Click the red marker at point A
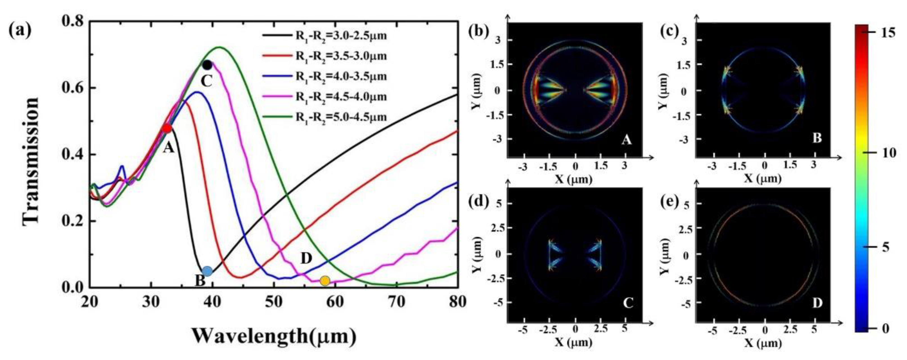[x=167, y=128]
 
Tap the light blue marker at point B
[x=207, y=271]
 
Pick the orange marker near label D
[x=325, y=281]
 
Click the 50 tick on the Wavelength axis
[x=274, y=302]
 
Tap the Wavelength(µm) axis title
[x=274, y=336]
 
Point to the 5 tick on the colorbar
[x=886, y=247]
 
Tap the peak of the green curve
[x=219, y=47]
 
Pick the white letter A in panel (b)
[x=626, y=140]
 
